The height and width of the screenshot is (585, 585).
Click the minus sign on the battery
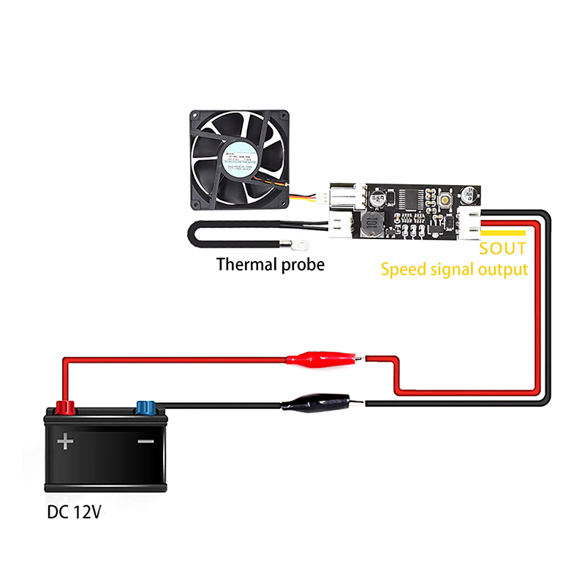146,442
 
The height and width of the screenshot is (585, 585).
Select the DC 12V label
73,512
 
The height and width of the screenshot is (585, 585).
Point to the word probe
302,265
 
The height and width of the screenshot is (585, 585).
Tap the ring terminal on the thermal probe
298,238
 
